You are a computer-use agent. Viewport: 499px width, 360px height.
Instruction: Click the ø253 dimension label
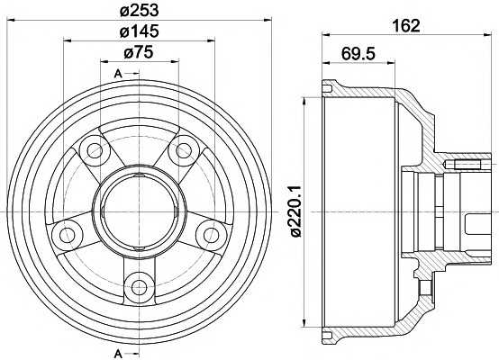(139, 11)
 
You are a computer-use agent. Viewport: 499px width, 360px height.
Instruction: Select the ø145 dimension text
(139, 31)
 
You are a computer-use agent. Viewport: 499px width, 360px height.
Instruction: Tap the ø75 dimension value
(139, 52)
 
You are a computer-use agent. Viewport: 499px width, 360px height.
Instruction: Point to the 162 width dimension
(406, 25)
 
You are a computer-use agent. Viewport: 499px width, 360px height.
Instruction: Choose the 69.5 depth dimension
(358, 53)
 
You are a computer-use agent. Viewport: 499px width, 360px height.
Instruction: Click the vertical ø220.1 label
(296, 211)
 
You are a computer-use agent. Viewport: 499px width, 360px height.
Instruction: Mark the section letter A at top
(118, 74)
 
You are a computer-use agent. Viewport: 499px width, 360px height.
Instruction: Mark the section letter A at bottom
(118, 354)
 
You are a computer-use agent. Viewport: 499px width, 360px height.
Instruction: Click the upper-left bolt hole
(95, 150)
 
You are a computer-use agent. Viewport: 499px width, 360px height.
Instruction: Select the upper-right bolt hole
(184, 150)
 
